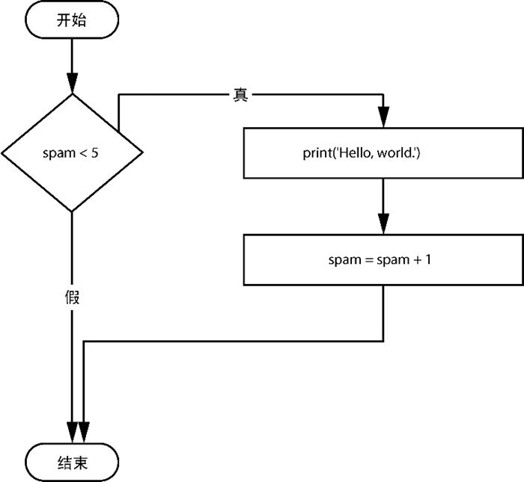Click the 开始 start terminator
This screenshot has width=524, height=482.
coord(72,21)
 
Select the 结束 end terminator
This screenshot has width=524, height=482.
coord(72,463)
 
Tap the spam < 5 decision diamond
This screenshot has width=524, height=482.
coord(72,152)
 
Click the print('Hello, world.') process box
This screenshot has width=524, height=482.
coord(383,152)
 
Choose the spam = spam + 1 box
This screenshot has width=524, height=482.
coord(383,260)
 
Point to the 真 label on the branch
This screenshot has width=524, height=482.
coord(240,96)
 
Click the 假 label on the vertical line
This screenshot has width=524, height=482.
coord(72,297)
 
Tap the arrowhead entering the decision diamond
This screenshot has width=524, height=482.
coord(72,82)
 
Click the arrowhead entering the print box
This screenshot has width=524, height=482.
coord(383,117)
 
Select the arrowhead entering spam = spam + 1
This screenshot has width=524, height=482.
coord(383,223)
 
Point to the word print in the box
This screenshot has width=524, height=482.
coord(317,153)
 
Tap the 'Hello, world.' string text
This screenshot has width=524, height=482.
coord(383,153)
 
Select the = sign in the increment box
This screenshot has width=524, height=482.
coord(364,260)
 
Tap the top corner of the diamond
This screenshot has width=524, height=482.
coord(72,93)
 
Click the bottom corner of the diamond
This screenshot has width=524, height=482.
coord(72,211)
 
